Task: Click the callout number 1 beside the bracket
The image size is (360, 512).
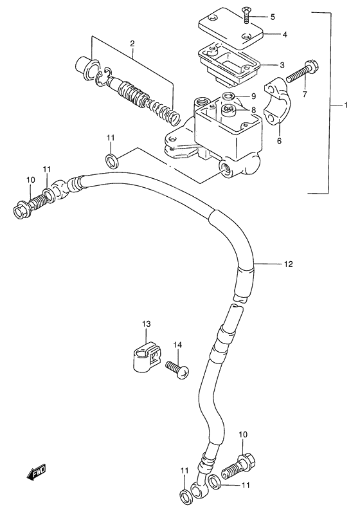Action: [x=345, y=104]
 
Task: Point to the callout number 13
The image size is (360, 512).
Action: [x=146, y=324]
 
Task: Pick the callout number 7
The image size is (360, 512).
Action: [x=305, y=95]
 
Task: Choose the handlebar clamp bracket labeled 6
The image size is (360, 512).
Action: [x=282, y=99]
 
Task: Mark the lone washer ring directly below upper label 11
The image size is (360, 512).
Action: [x=111, y=158]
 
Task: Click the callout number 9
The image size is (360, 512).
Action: [x=253, y=97]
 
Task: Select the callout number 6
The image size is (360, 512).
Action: [x=279, y=140]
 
